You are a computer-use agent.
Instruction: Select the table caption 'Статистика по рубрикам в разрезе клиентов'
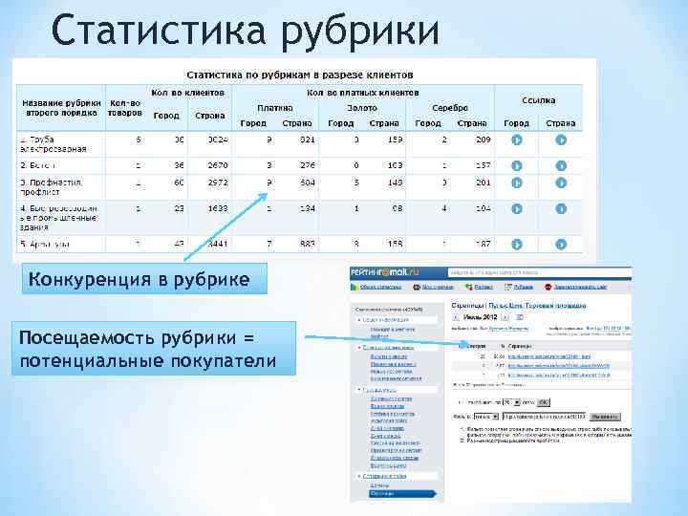click(x=299, y=73)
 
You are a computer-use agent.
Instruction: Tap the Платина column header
click(x=274, y=108)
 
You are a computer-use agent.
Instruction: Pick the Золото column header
click(x=362, y=108)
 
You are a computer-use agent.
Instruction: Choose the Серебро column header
click(x=449, y=108)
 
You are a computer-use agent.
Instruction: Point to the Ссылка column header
click(x=539, y=99)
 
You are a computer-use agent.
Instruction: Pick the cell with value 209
click(x=483, y=140)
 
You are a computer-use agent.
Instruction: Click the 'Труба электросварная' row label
click(x=55, y=144)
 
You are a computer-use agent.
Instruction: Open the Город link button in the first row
click(x=516, y=140)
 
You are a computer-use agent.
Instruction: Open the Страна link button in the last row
click(x=561, y=244)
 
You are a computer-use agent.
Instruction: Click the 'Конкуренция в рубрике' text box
click(x=140, y=279)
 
